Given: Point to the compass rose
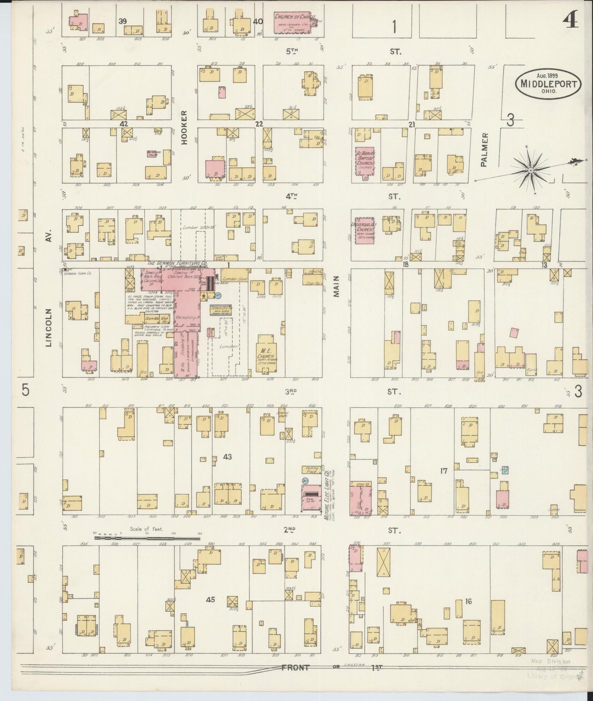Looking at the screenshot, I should coord(531,170).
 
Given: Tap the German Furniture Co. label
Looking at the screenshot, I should coord(177,263).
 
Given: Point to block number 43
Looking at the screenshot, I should coord(227,456).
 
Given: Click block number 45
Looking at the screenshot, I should coord(210,600).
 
